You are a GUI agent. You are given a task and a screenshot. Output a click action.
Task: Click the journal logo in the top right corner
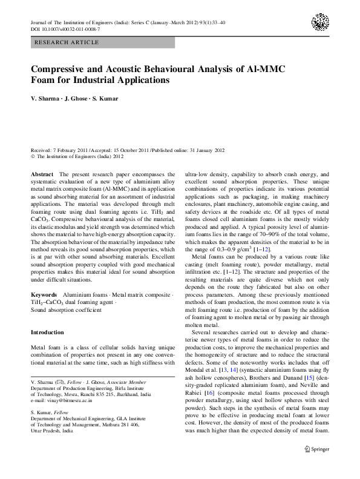point(320,23)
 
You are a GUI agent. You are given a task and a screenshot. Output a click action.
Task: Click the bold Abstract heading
point(42,174)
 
